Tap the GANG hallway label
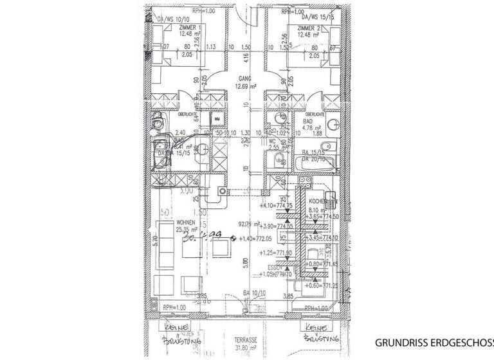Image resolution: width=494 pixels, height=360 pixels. pos(244,78)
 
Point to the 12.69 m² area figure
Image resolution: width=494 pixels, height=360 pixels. pos(246,86)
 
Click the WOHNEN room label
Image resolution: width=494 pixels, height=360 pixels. pos(187,221)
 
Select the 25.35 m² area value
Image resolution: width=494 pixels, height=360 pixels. pos(187,228)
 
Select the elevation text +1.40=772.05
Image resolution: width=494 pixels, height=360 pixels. pos(256,239)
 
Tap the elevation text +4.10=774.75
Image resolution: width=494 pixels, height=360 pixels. pos(277,206)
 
